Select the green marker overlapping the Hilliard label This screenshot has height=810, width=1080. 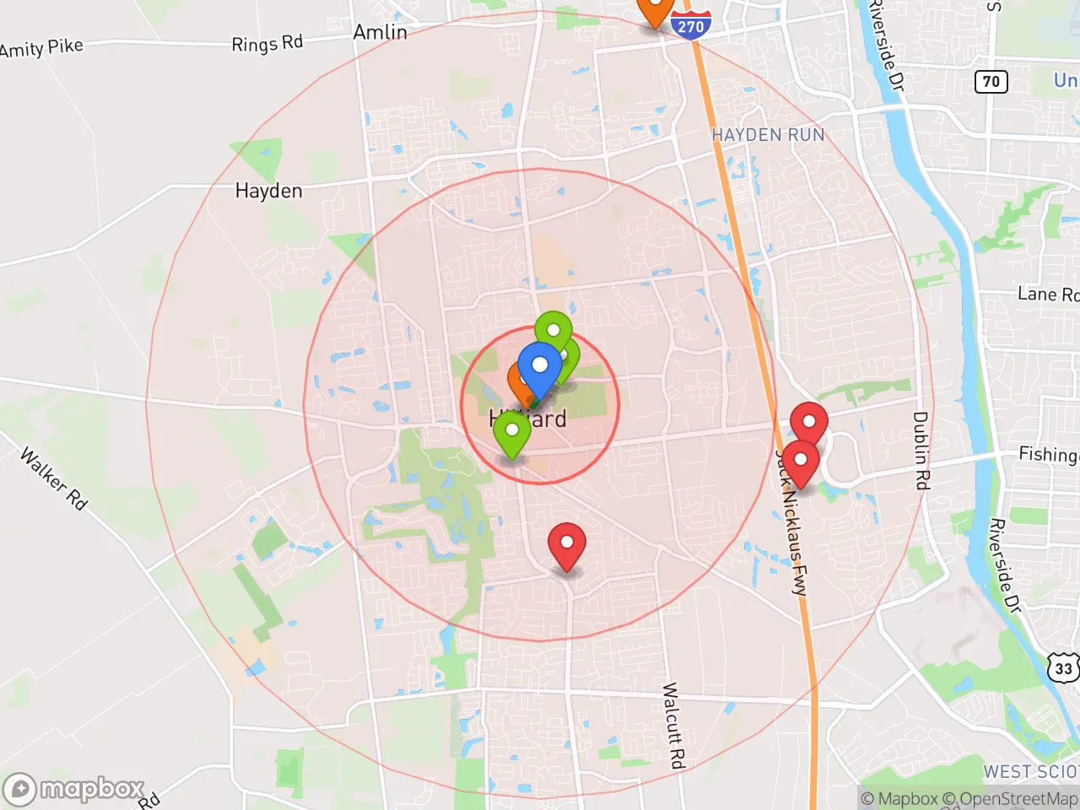[511, 433]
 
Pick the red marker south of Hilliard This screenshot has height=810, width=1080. [567, 544]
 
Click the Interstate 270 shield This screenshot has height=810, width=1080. [690, 26]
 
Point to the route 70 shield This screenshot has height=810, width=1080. [991, 82]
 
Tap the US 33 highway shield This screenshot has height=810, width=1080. [1063, 668]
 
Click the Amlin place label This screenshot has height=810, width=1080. [380, 32]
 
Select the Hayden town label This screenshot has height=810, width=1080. [268, 192]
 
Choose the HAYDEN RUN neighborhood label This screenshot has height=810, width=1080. [768, 135]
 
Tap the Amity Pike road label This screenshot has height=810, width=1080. [41, 47]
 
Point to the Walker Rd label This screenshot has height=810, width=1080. [54, 479]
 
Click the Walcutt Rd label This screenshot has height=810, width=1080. [672, 726]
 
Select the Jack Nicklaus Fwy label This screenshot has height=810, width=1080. [793, 523]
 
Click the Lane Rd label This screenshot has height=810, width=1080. [1047, 294]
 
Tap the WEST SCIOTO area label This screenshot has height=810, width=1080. [1030, 772]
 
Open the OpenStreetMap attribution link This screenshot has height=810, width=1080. [1017, 798]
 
